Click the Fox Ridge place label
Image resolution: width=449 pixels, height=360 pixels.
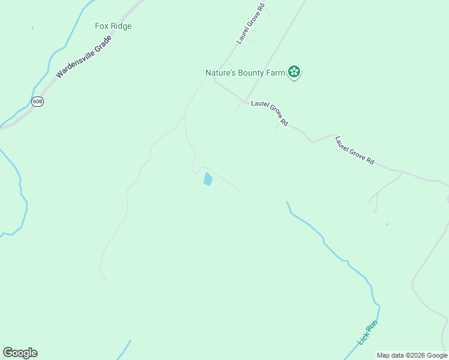pos(113,26)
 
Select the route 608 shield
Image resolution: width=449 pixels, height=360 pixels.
pos(38,101)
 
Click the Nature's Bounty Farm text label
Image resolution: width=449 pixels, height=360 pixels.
pos(244,73)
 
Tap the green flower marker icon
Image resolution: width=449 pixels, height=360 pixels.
pos(294,73)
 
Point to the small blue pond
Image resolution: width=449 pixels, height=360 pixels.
pos(208,179)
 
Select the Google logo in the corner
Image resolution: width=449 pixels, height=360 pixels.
pos(20,353)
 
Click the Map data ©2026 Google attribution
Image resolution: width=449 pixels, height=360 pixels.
pos(412,355)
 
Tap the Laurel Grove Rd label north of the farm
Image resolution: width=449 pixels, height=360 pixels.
pos(250,26)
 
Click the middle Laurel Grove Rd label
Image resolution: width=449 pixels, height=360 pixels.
pos(270,113)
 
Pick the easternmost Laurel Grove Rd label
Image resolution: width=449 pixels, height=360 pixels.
pos(355,150)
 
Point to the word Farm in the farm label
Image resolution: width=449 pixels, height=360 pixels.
pos(275,73)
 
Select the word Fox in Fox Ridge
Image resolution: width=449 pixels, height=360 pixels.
pos(101,26)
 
